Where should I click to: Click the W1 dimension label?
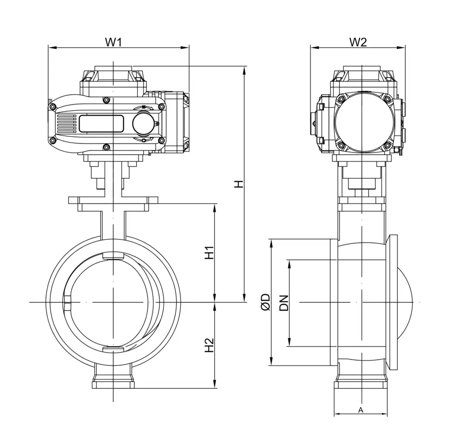tap(113, 42)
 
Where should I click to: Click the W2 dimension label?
tap(358, 42)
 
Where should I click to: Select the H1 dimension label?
tap(209, 252)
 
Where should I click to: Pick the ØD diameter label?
tap(265, 302)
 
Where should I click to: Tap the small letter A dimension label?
tap(360, 410)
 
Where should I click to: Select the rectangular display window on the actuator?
tap(101, 124)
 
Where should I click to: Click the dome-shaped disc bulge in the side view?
tap(406, 302)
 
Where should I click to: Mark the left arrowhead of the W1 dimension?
tap(50, 47)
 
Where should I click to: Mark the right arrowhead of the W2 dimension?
tap(403, 47)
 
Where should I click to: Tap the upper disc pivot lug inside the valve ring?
tap(113, 255)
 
